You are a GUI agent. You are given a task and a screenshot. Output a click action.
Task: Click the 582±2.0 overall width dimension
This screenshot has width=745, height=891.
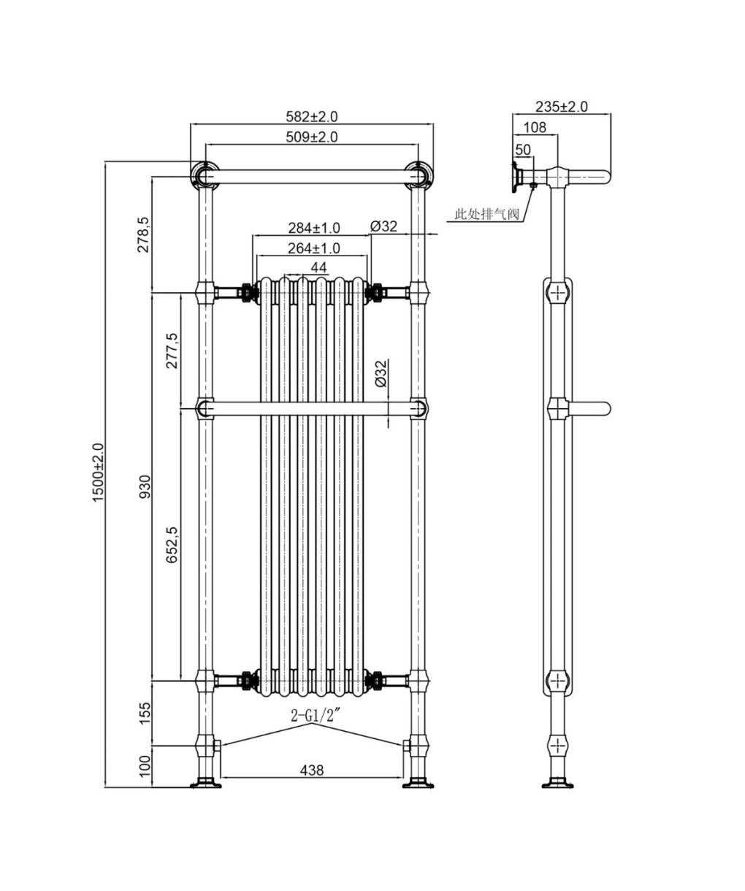point(311,116)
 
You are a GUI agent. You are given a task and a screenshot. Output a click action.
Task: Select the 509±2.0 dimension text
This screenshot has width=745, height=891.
point(311,137)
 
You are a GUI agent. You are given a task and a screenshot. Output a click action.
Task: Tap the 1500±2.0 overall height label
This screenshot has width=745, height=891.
point(98,473)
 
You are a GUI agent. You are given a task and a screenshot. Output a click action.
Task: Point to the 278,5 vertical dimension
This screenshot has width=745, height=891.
point(144,234)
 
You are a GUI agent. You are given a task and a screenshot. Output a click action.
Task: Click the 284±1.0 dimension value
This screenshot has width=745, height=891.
point(314,228)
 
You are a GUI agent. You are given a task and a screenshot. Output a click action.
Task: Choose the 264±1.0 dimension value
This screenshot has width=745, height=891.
point(314,248)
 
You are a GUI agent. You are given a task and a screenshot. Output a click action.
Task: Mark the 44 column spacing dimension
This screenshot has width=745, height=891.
point(318,267)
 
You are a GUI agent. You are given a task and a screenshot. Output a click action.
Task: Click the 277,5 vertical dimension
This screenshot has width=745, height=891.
point(172,351)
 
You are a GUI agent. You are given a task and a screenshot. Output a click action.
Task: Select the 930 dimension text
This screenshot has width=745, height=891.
point(145,486)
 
